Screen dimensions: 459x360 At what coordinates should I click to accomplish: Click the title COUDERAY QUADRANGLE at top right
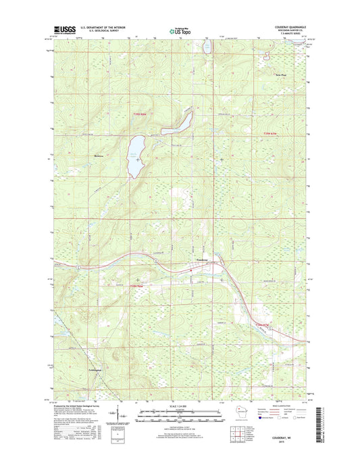coord(283,28)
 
